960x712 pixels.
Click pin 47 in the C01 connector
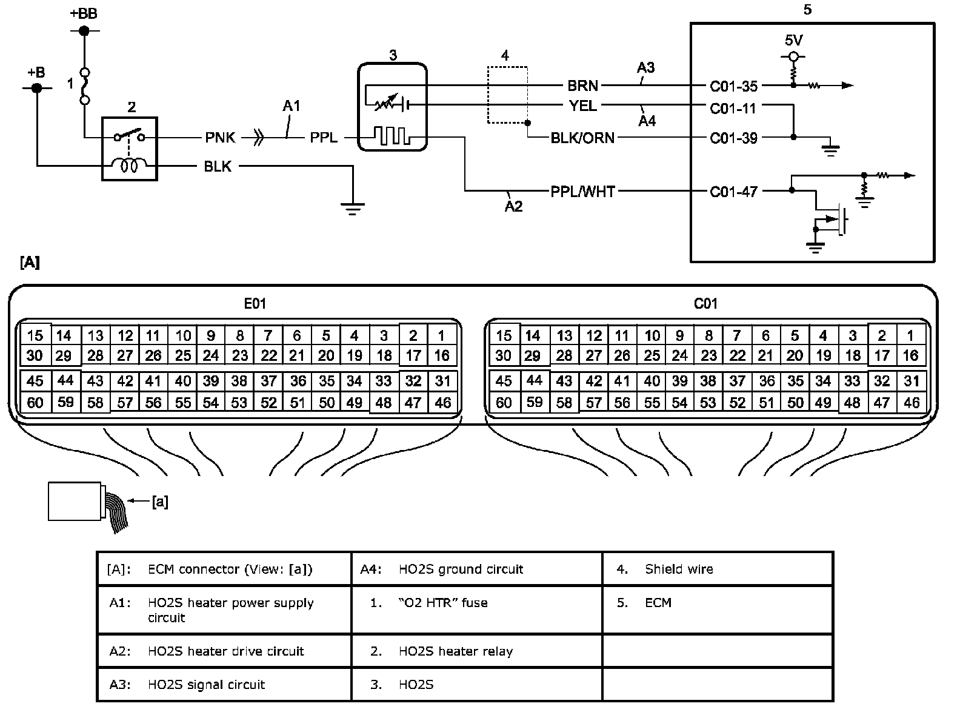(882, 403)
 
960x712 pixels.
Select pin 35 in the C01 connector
(795, 381)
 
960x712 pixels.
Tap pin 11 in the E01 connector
(153, 335)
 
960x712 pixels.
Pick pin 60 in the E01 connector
(35, 403)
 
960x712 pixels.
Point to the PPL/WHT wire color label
(582, 192)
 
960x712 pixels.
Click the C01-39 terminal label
(733, 138)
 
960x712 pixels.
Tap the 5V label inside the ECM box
(793, 41)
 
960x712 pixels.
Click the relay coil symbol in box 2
(130, 164)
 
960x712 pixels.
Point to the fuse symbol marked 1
(85, 85)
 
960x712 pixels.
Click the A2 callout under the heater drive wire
(513, 206)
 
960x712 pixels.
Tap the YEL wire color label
(582, 106)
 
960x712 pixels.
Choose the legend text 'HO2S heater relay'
(456, 651)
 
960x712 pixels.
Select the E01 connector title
(255, 303)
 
